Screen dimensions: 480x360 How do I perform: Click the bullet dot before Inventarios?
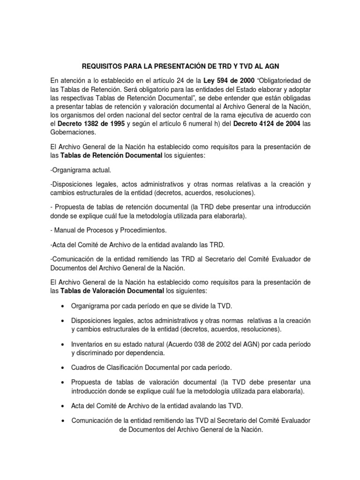pyautogui.click(x=63, y=344)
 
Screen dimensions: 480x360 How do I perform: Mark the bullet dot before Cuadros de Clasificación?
pyautogui.click(x=63, y=367)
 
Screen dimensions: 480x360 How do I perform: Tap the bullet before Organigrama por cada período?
pyautogui.click(x=63, y=306)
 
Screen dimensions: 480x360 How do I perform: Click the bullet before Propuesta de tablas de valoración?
pyautogui.click(x=63, y=382)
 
